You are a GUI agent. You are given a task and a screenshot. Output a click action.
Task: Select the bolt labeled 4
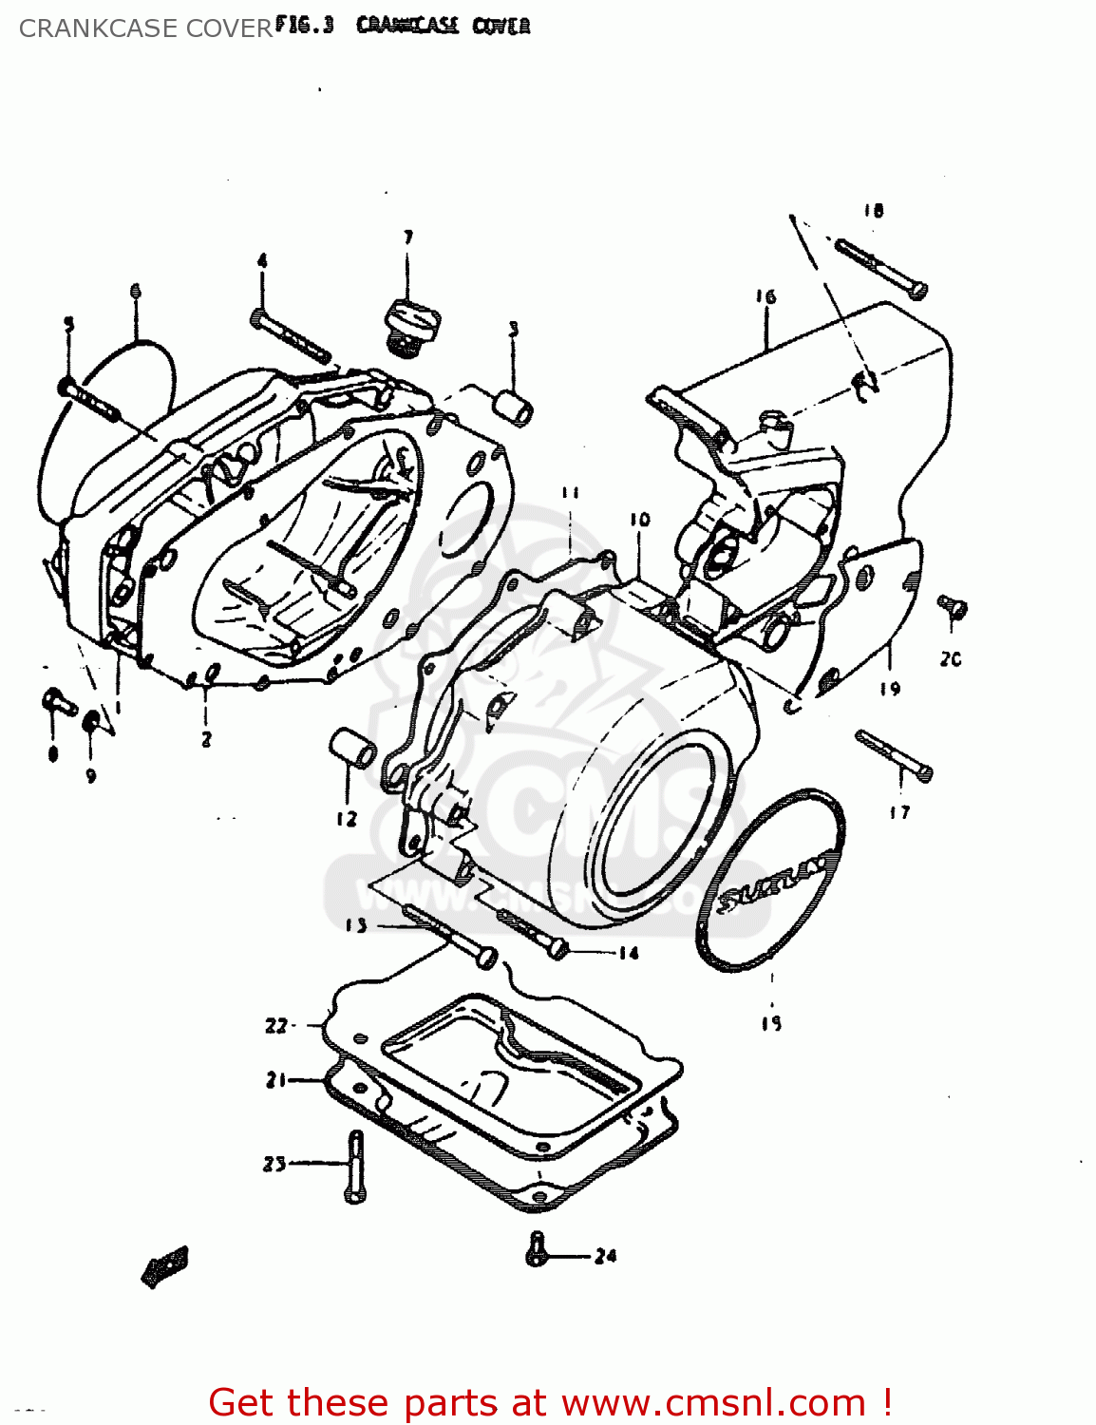click(x=291, y=336)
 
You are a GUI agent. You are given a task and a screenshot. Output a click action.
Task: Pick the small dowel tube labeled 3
click(x=514, y=407)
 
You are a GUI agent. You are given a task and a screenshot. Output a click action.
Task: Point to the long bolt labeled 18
click(x=880, y=269)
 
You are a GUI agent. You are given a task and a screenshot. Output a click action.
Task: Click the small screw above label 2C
click(x=952, y=608)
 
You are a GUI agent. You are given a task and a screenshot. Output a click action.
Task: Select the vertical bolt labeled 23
click(x=355, y=1167)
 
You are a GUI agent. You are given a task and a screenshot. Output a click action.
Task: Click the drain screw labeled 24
click(x=538, y=1248)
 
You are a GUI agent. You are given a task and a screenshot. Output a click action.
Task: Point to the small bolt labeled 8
click(x=59, y=704)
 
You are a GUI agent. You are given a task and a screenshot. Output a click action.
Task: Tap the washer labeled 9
click(x=92, y=722)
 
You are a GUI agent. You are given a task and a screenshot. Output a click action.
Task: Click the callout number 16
click(x=765, y=296)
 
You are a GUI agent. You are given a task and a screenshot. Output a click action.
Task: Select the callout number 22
click(x=275, y=1025)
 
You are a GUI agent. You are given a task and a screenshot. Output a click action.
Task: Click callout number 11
click(x=569, y=492)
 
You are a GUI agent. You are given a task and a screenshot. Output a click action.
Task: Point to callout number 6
click(x=135, y=291)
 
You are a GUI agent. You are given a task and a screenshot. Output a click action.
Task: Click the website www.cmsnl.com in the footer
click(x=712, y=1402)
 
